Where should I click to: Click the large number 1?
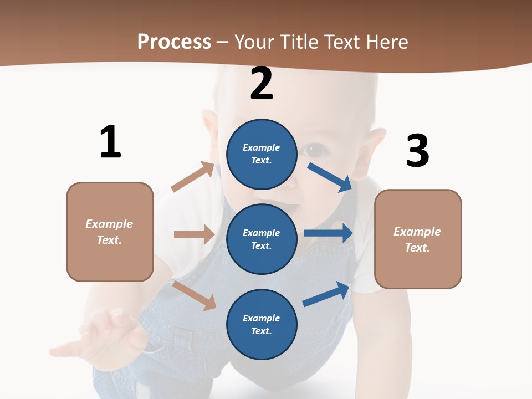point(110,142)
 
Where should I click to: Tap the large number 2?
point(262,84)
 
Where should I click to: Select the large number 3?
point(418,151)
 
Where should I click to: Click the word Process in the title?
point(174,42)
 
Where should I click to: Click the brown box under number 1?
point(110,232)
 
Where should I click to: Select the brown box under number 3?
point(418,239)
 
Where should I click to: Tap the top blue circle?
point(262,154)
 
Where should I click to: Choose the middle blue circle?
point(262,239)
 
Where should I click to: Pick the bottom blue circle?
point(262,324)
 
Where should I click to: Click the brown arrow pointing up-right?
point(193,177)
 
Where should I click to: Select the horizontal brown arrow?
point(194,234)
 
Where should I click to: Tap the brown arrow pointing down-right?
point(195,295)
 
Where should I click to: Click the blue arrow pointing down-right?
point(330,177)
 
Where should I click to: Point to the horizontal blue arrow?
point(328,233)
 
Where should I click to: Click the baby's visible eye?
point(315,150)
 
